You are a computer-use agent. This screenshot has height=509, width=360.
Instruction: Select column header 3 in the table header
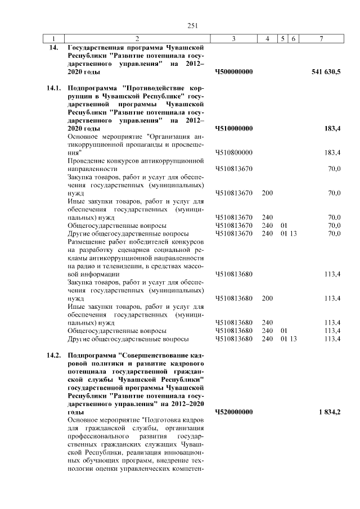click(x=233, y=38)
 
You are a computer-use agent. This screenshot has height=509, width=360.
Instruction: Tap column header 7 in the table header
click(x=321, y=38)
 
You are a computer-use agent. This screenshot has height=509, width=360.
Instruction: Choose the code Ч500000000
click(x=233, y=72)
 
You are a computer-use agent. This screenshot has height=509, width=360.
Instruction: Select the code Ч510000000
click(x=233, y=129)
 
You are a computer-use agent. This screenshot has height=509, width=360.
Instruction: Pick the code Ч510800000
click(x=233, y=153)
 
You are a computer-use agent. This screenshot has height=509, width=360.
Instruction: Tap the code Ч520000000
click(x=233, y=412)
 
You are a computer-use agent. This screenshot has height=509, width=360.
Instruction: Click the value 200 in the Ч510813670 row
click(x=267, y=193)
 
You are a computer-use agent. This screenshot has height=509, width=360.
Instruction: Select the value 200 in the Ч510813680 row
click(x=267, y=298)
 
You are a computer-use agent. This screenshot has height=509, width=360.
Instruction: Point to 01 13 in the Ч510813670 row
click(x=289, y=233)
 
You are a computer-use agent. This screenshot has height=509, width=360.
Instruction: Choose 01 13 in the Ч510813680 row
click(x=289, y=339)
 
